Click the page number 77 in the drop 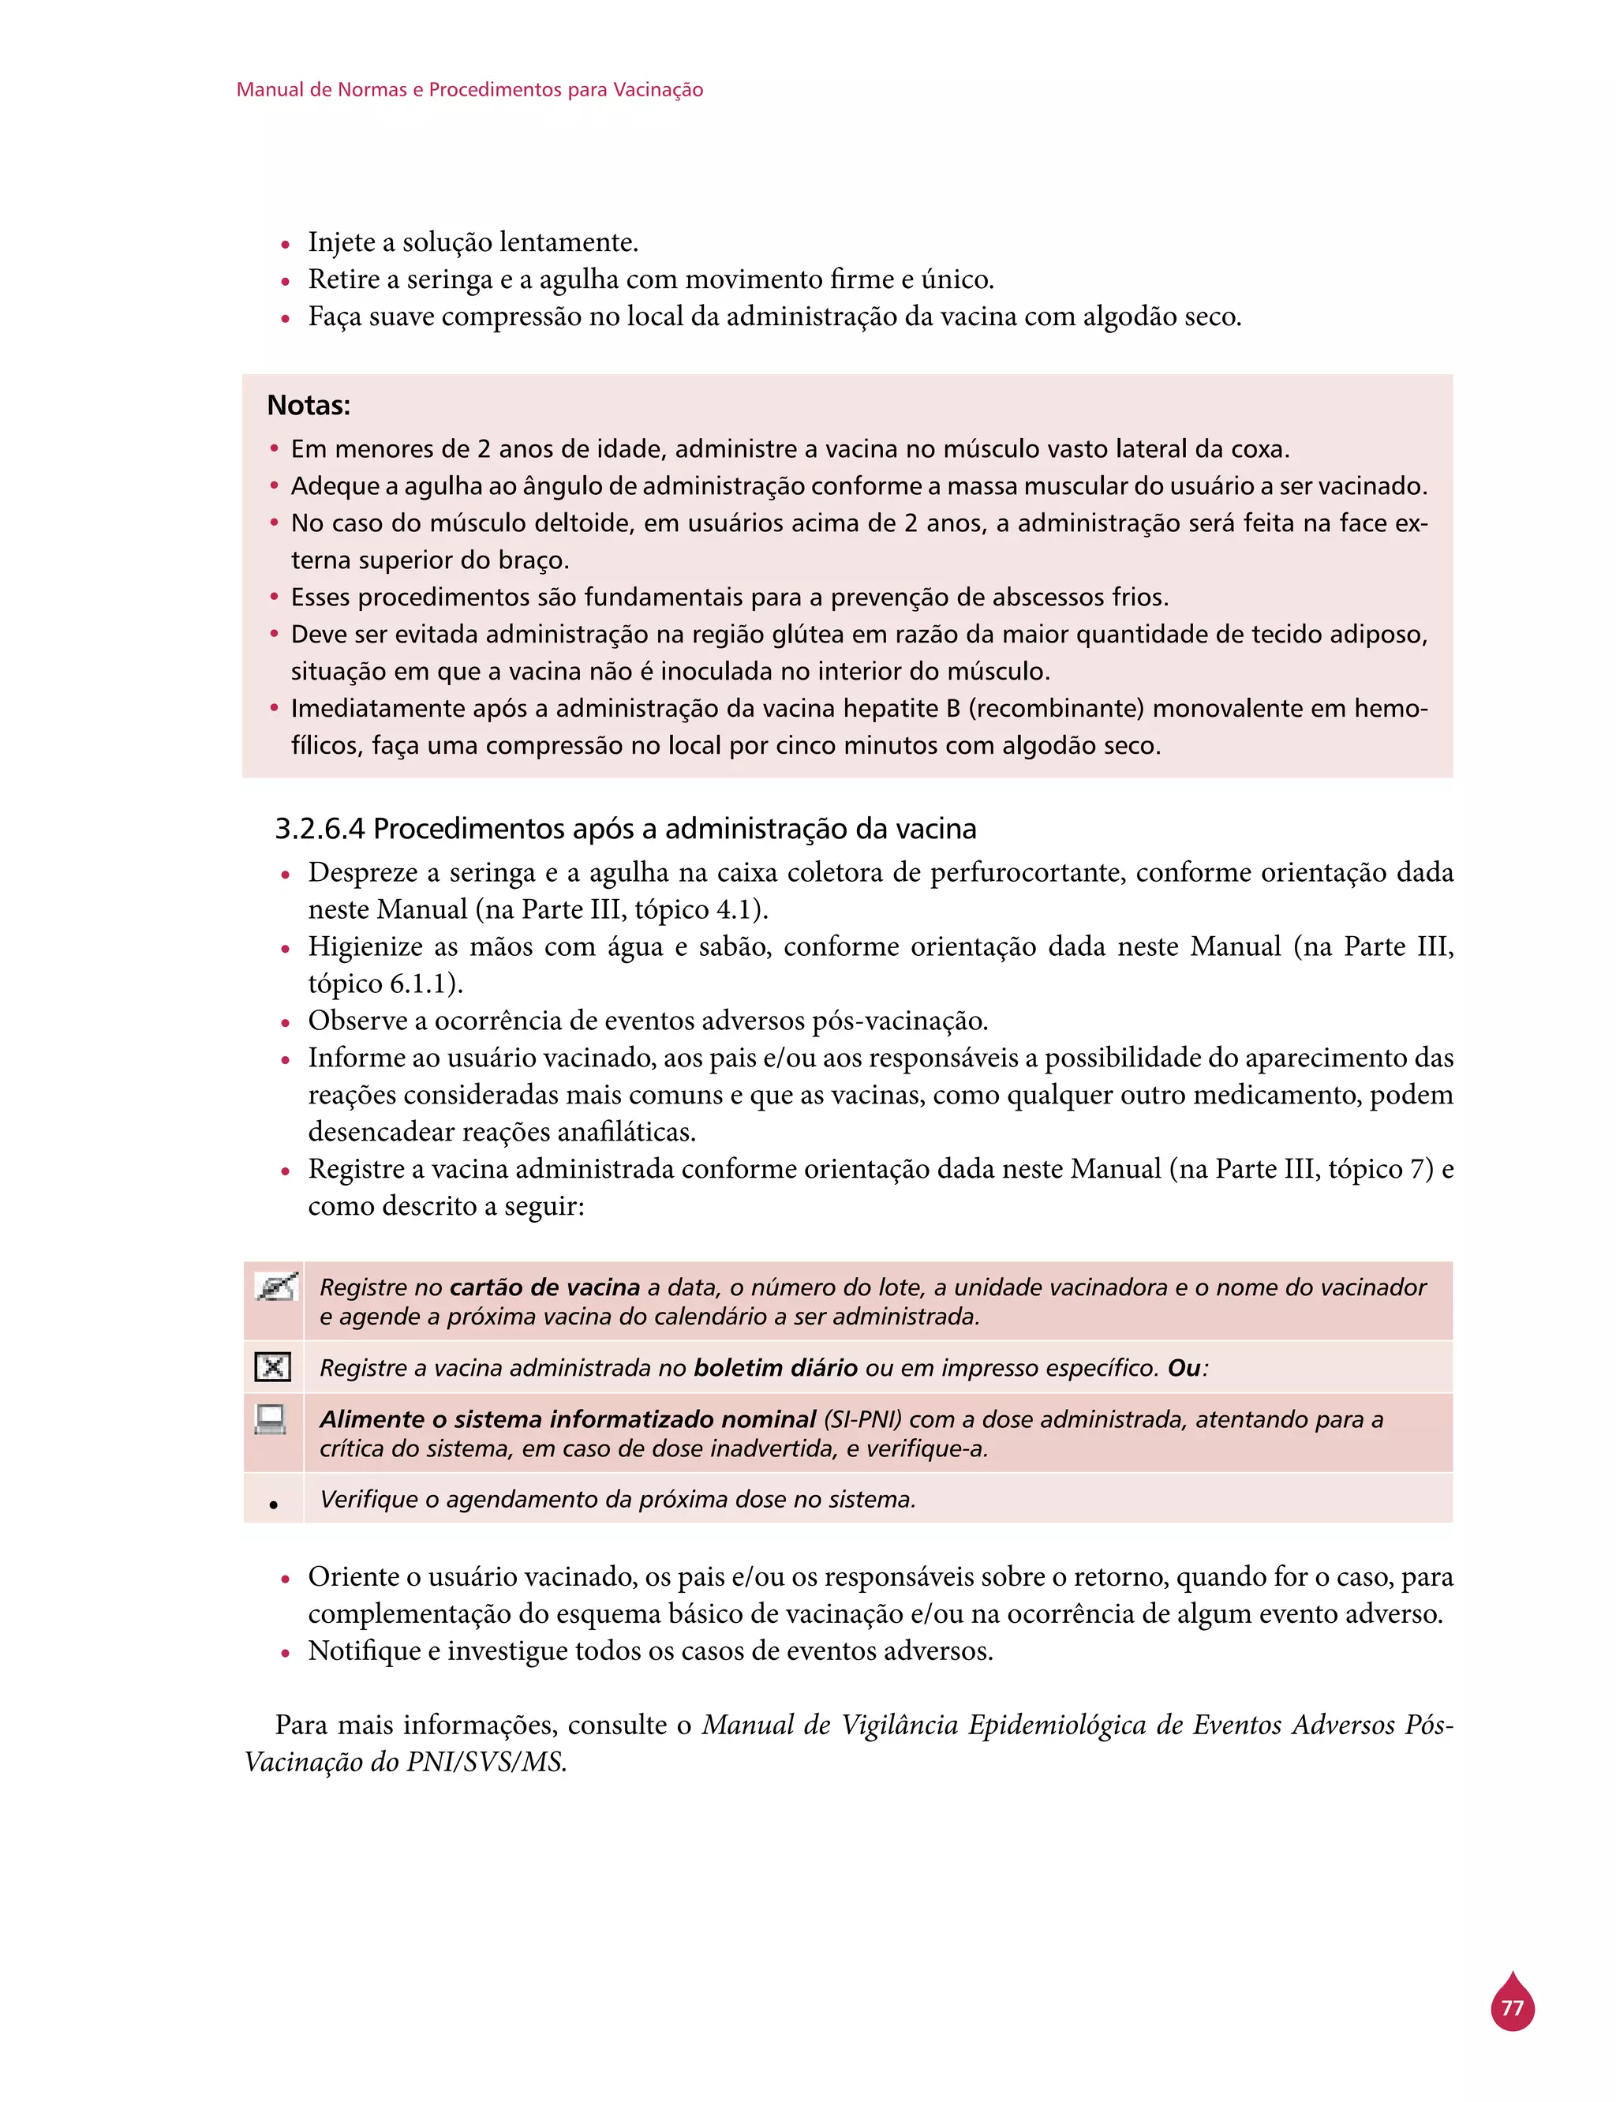pyautogui.click(x=1512, y=2009)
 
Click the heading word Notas pyautogui.click(x=308, y=405)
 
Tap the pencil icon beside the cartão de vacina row pyautogui.click(x=275, y=1287)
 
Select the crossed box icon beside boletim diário pyautogui.click(x=272, y=1366)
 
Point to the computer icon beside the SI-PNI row pyautogui.click(x=271, y=1420)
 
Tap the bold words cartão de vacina pyautogui.click(x=544, y=1287)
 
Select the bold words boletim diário pyautogui.click(x=776, y=1367)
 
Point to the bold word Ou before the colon pyautogui.click(x=1183, y=1367)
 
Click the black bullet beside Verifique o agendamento pyautogui.click(x=273, y=1504)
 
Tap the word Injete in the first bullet pyautogui.click(x=342, y=242)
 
